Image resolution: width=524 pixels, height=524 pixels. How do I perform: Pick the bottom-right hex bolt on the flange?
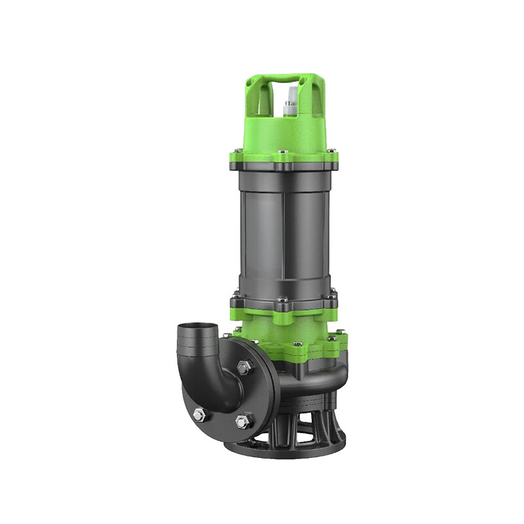point(240,420)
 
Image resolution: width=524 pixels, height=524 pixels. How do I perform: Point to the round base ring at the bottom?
point(282,449)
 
